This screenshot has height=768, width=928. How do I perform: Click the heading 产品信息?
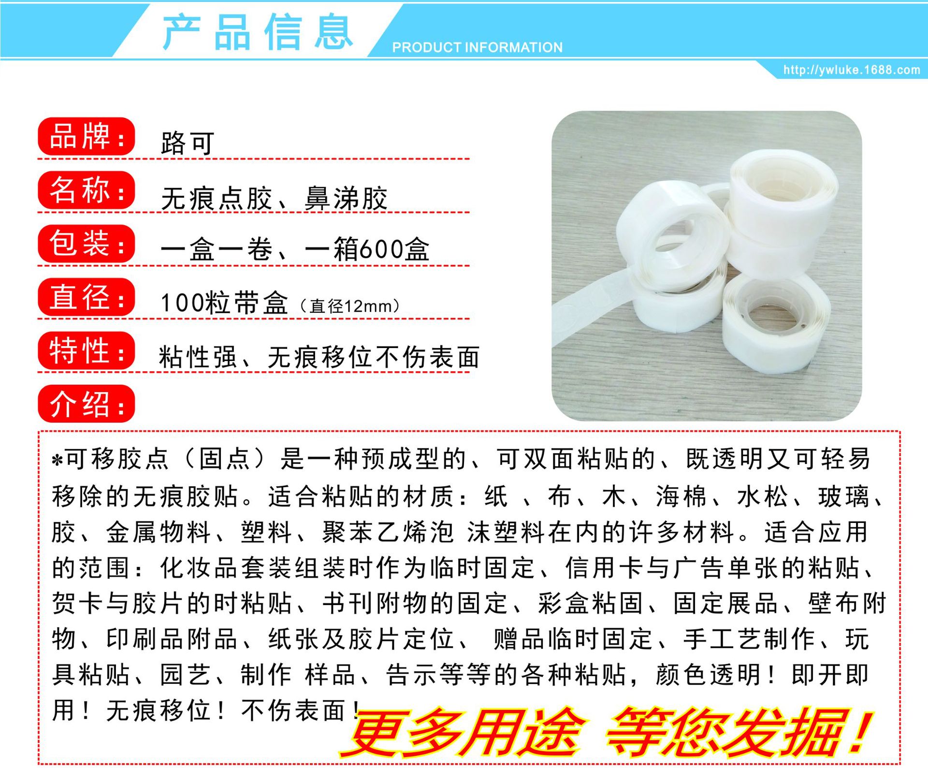[x=258, y=32]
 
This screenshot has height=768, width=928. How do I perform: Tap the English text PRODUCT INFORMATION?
[x=477, y=47]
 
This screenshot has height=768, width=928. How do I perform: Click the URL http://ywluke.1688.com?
[x=852, y=70]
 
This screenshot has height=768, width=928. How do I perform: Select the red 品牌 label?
[x=86, y=137]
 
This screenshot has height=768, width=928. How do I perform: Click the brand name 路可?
[x=188, y=143]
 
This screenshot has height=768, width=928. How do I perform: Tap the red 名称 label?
[x=86, y=190]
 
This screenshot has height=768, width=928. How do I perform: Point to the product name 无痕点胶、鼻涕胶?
[x=274, y=198]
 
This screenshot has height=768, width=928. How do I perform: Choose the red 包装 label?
[x=86, y=244]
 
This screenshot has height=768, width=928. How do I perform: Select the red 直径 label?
[x=86, y=297]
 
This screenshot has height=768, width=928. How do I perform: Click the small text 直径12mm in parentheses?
[x=349, y=306]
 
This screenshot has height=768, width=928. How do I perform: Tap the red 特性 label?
[x=86, y=350]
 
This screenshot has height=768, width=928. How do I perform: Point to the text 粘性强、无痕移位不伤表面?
[x=319, y=358]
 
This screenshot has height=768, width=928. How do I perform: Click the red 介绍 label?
[x=86, y=404]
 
